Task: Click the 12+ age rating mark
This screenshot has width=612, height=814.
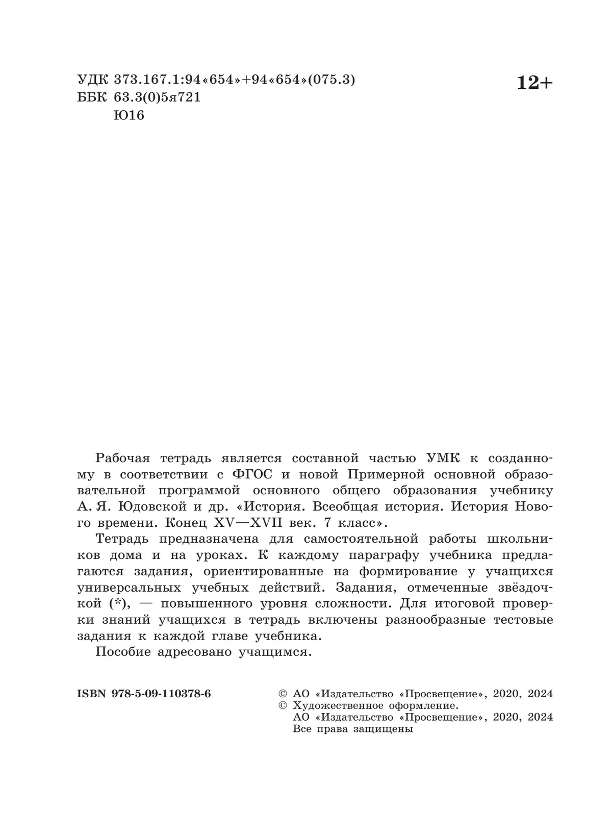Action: [534, 82]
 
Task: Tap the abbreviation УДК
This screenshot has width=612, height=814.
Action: [91, 80]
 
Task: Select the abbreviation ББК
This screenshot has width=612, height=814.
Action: [91, 97]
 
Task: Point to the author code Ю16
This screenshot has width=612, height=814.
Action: [129, 115]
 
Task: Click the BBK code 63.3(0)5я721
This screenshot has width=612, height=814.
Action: [154, 97]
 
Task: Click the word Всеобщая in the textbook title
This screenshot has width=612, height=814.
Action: [342, 507]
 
